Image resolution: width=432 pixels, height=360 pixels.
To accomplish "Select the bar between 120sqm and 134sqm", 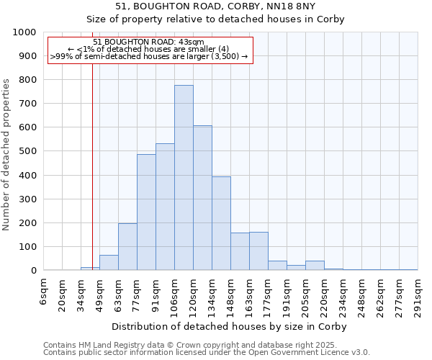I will pyautogui.click(x=202, y=198).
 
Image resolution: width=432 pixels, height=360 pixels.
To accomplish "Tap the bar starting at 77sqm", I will pyautogui.click(x=146, y=212).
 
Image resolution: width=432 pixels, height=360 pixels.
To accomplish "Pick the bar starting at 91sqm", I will pyautogui.click(x=165, y=207).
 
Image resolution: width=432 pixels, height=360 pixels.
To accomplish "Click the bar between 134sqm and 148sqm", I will pyautogui.click(x=221, y=223).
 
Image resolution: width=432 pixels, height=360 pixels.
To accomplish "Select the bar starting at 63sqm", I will pyautogui.click(x=127, y=247).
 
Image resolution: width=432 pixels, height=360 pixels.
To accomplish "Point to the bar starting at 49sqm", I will pyautogui.click(x=109, y=263).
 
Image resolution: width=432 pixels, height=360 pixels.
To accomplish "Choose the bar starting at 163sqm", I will pyautogui.click(x=258, y=251).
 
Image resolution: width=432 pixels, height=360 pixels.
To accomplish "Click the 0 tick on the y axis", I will pyautogui.click(x=33, y=271).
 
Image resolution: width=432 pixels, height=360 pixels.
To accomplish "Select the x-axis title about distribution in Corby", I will pyautogui.click(x=230, y=326).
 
